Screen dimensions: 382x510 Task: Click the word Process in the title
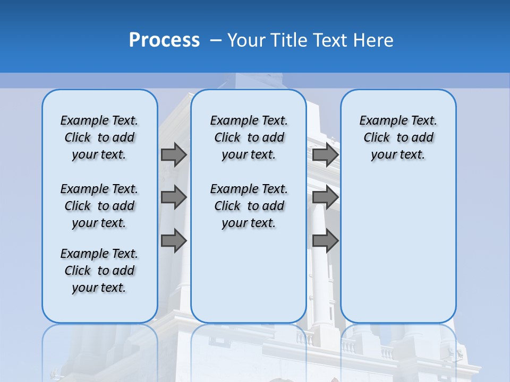[164, 40]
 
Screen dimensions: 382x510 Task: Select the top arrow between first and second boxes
[174, 155]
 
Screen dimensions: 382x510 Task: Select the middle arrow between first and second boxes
[174, 198]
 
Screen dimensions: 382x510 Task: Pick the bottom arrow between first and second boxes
[174, 241]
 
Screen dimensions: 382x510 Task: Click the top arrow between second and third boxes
[325, 155]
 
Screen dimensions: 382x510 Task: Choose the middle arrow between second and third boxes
[325, 198]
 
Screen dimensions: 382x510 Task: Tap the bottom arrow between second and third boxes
[325, 241]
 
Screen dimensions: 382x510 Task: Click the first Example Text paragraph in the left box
[99, 137]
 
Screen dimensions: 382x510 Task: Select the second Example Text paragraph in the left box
[99, 206]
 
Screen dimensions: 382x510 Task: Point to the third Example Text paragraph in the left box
[99, 271]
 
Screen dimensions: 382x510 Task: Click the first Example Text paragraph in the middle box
[249, 137]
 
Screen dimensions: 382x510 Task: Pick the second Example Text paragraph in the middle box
[249, 206]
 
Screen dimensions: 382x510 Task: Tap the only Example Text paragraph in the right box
[398, 137]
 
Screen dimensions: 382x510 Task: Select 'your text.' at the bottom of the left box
[99, 288]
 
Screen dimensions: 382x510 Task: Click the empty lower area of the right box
[398, 255]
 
